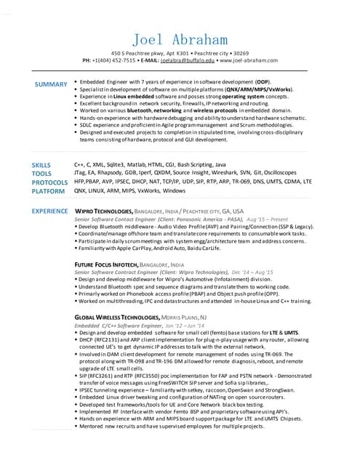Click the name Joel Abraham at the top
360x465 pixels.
tap(180, 39)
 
